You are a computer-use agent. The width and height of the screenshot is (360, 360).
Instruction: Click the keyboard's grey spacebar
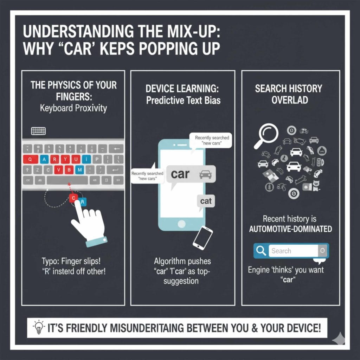point(67,181)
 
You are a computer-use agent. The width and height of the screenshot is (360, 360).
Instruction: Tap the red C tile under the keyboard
point(73,198)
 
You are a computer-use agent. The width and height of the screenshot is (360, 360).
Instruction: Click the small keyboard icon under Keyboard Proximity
point(38,131)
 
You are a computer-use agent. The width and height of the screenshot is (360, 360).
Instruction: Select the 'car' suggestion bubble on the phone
point(190,174)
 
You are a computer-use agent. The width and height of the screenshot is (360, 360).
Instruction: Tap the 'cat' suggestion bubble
point(206,201)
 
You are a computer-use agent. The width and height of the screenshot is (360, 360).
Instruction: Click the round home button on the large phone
point(181,224)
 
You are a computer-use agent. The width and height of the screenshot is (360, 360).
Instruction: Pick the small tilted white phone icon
point(203,236)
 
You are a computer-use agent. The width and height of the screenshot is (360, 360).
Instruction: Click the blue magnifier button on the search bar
point(261,251)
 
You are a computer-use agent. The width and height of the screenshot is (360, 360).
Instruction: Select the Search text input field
point(294,251)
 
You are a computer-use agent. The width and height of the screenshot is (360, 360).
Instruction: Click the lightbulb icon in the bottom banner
point(38,328)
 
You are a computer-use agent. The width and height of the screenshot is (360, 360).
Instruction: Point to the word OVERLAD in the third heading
point(290,100)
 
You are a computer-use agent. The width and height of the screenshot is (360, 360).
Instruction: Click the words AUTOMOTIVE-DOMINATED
point(290,229)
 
